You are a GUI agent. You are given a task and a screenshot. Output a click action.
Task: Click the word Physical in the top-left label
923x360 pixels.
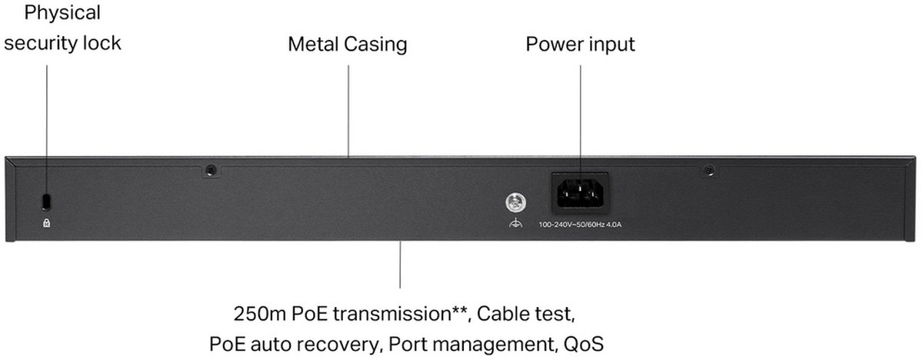tap(52, 13)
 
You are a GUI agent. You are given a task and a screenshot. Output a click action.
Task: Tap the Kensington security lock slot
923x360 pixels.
tap(46, 200)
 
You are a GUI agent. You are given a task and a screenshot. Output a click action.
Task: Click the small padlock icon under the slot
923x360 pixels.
tap(47, 223)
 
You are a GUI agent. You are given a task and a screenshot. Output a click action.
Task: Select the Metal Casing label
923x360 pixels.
tap(347, 44)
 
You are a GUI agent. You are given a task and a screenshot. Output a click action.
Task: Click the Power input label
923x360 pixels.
tap(580, 44)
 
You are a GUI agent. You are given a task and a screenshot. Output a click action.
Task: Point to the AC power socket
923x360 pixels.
tap(580, 192)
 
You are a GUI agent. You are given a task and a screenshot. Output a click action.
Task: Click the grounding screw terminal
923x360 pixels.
tap(515, 203)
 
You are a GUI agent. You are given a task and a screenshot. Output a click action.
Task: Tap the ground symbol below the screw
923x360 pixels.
tap(515, 224)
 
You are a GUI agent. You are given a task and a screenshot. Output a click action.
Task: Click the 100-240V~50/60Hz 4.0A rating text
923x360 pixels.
tap(579, 225)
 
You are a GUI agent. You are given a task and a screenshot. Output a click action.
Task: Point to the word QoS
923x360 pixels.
tap(582, 343)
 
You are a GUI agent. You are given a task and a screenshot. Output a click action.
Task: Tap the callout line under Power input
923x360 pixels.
tap(580, 115)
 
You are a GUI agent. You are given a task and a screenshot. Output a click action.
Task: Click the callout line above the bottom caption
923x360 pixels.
tap(400, 265)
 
